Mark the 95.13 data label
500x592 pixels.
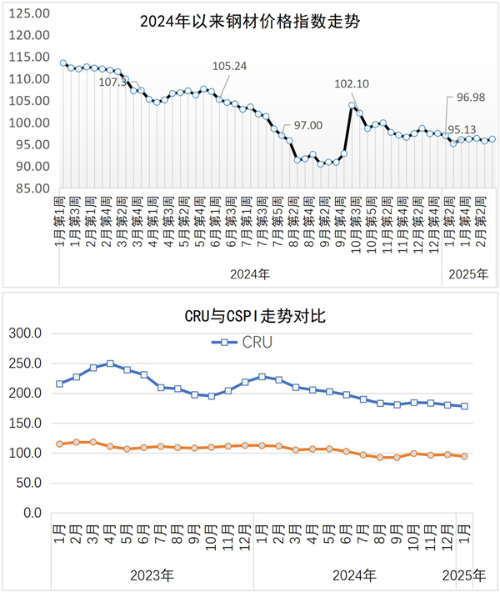(463, 129)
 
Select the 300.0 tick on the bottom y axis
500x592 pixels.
(24, 333)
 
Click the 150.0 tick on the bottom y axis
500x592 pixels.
(24, 423)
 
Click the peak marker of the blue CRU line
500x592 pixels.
(110, 364)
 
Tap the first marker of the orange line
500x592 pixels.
(59, 444)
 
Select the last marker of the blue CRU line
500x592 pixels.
(464, 406)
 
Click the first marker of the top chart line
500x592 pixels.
(63, 63)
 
